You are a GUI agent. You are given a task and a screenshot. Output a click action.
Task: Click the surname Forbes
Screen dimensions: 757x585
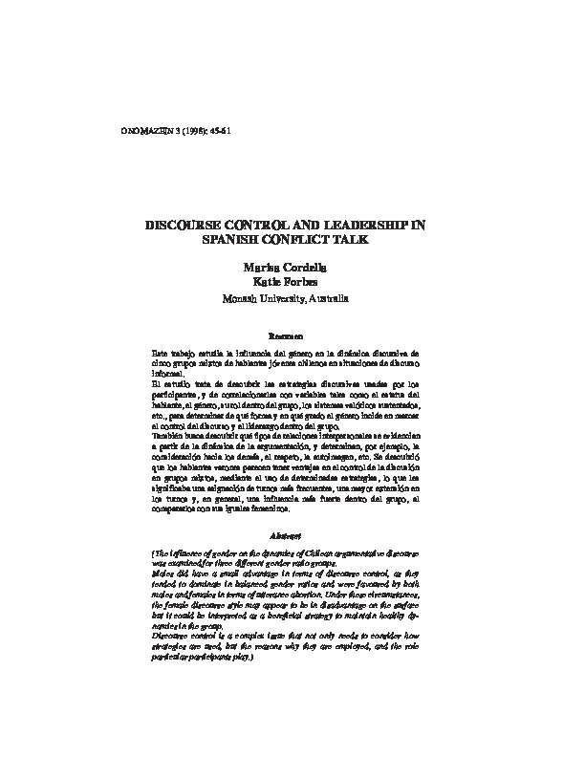point(304,282)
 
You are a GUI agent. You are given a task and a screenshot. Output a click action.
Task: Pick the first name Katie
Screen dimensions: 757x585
point(266,282)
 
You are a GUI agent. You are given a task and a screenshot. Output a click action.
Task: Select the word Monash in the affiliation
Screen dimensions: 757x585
point(243,298)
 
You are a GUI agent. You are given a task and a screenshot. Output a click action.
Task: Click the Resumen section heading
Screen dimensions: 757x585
point(286,336)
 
